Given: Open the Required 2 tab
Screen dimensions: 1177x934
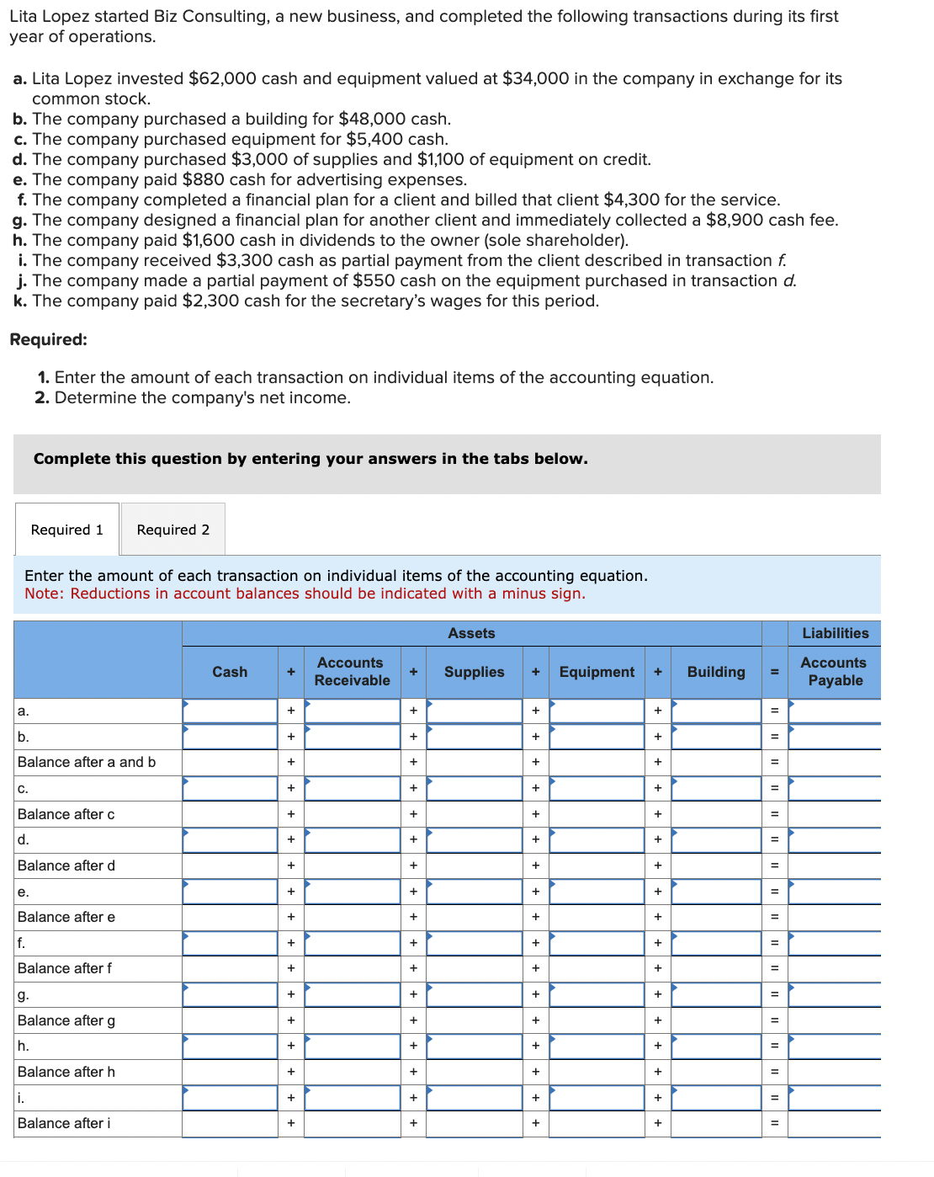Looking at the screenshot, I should (x=172, y=530).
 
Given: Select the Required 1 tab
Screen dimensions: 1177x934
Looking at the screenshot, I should (x=66, y=530).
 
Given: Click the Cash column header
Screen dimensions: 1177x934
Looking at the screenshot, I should (x=230, y=672).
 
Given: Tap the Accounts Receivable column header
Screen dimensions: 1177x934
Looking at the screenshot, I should (x=352, y=672).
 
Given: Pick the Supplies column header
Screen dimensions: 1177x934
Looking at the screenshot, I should (x=474, y=672).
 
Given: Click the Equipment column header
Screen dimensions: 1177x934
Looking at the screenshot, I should (x=597, y=672).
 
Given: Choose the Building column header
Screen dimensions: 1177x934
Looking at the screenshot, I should (x=716, y=672).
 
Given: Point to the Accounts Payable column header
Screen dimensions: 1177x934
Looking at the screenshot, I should (x=834, y=672).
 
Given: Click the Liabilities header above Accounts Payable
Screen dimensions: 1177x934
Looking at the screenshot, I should (x=835, y=633).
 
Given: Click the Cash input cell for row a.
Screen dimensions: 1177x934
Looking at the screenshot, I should (x=230, y=711).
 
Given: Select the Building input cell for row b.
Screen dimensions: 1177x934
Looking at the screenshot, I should (x=716, y=737).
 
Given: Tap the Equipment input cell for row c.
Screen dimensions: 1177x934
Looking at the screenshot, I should (x=597, y=788).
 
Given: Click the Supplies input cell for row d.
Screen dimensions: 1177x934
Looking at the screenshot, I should (x=474, y=839).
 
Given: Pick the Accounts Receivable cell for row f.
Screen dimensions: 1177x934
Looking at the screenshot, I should (x=352, y=943).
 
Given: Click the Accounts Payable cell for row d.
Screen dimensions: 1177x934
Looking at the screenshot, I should (x=834, y=839).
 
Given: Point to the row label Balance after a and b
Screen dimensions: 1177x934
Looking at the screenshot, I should (x=87, y=762).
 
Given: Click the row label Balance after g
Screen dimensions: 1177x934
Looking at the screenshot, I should (x=66, y=1020).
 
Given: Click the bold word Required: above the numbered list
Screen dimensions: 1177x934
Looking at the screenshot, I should (x=48, y=339).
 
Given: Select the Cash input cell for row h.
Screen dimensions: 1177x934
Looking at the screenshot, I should (x=230, y=1046).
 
